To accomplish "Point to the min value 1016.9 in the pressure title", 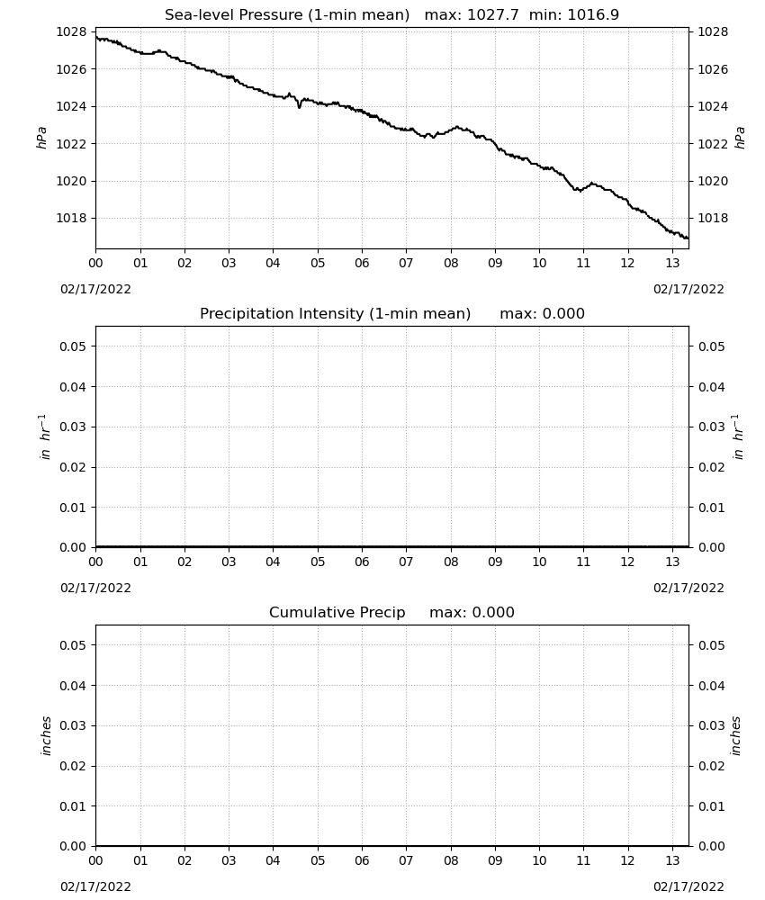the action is (593, 14).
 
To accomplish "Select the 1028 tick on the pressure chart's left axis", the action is (72, 32).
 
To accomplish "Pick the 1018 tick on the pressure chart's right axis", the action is (713, 218).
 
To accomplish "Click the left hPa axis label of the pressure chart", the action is (41, 138).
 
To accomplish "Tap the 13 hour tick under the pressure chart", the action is (672, 263).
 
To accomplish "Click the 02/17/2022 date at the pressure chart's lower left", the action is (95, 289).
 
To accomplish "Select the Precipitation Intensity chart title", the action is (335, 313).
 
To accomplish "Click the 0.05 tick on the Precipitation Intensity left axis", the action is (73, 346).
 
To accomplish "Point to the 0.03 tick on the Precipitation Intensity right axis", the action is (712, 427).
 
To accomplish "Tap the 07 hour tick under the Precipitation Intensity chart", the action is (406, 562).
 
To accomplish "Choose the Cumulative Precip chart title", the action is (337, 612).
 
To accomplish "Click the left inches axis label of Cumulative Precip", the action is (46, 736).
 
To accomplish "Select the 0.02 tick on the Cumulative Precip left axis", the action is (73, 766).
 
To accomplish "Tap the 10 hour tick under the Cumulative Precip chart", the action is (539, 860).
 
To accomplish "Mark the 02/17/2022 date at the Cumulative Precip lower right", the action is (688, 886).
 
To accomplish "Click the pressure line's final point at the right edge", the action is (688, 238).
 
